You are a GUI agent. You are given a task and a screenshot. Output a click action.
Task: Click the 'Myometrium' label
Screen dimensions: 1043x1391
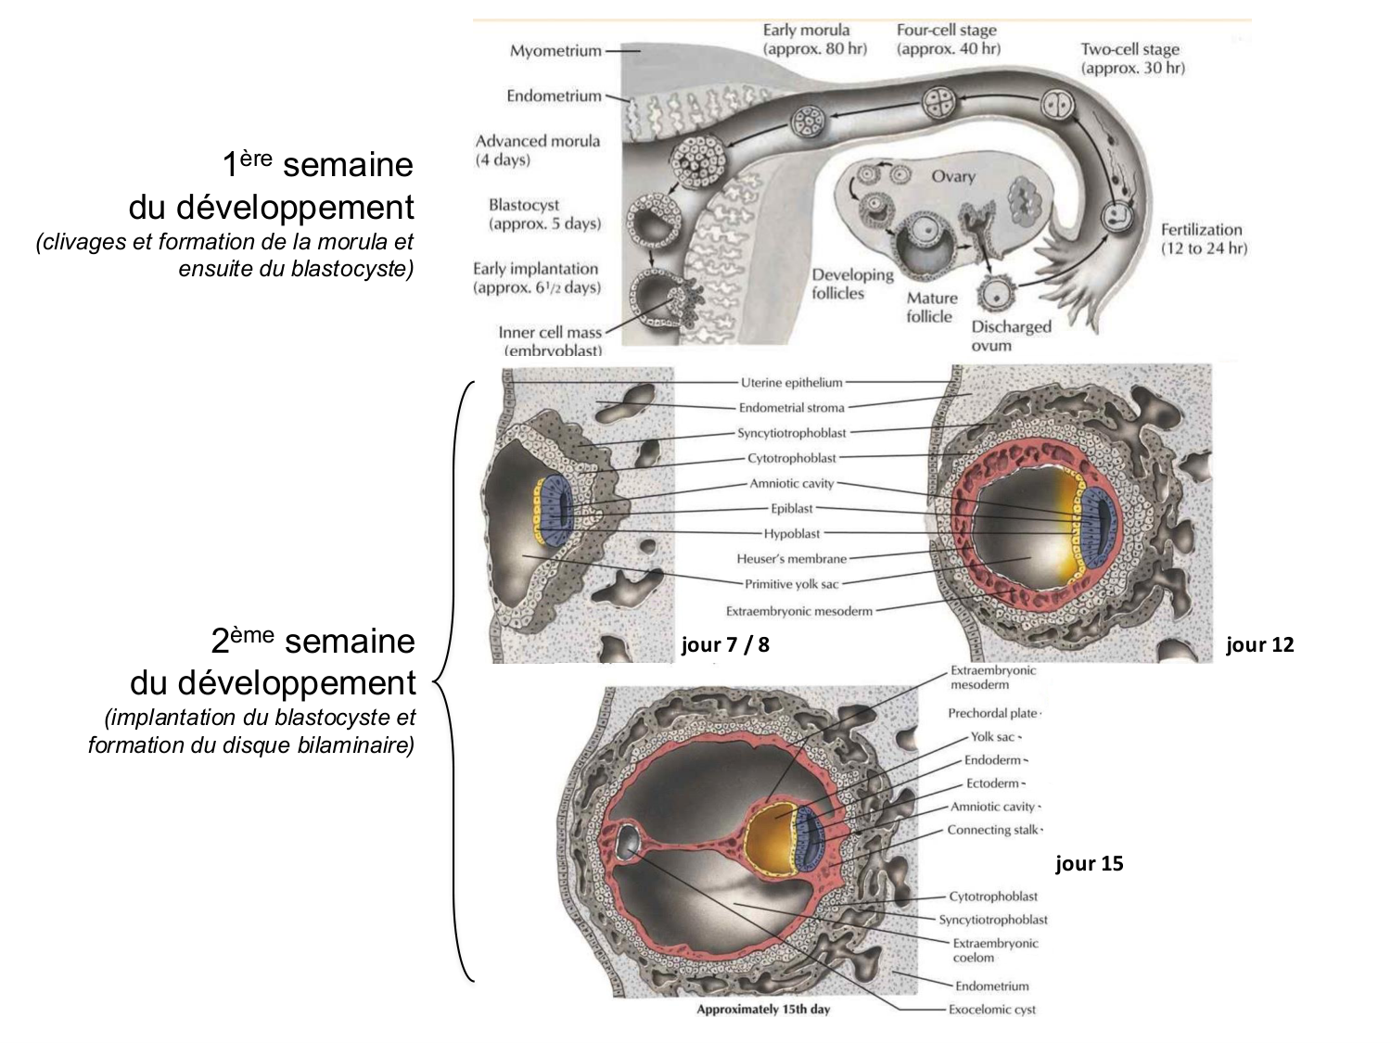(555, 51)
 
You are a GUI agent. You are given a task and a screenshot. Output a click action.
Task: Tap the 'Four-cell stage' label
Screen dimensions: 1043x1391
(947, 39)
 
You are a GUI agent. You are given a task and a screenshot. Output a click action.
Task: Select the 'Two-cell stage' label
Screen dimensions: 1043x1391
(1131, 57)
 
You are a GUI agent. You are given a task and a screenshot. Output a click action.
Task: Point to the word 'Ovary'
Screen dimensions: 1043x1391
(953, 176)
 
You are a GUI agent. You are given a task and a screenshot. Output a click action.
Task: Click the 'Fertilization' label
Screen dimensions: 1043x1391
(1203, 238)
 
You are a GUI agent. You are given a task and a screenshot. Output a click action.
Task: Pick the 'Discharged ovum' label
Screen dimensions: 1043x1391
(1010, 336)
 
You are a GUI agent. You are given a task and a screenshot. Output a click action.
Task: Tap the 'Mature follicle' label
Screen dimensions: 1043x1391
(931, 307)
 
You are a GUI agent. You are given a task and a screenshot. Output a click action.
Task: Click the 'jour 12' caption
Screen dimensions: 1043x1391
(1259, 644)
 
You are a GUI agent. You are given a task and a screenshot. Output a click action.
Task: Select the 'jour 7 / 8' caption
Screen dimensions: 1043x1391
(725, 644)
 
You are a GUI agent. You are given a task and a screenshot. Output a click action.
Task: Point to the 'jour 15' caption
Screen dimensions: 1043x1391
(1089, 863)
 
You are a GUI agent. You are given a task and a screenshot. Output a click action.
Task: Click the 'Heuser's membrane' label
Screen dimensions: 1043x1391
(791, 559)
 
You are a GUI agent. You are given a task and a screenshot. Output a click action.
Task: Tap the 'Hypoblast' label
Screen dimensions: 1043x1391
(791, 534)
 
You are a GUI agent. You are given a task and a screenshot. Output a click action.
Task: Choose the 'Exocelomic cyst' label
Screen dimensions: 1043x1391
(991, 1010)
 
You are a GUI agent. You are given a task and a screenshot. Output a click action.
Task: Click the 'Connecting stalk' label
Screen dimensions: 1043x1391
(992, 830)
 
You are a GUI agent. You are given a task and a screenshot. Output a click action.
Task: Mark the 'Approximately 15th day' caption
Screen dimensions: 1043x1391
(763, 1009)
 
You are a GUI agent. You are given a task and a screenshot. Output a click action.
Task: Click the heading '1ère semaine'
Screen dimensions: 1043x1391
(317, 165)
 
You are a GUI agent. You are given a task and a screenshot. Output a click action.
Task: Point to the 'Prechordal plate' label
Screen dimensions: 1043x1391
(991, 713)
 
